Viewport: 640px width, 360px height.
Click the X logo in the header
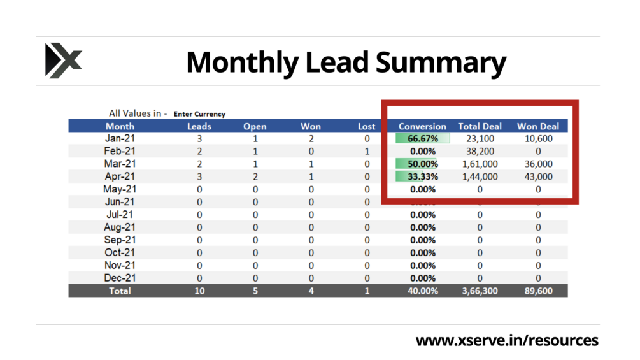click(x=63, y=61)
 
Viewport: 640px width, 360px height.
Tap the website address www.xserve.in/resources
click(x=507, y=340)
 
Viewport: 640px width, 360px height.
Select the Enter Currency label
click(x=199, y=114)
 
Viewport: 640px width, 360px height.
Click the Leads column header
click(x=199, y=126)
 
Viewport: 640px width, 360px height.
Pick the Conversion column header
click(x=422, y=126)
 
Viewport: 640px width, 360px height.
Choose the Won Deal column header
click(x=538, y=126)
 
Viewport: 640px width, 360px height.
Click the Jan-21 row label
click(x=120, y=138)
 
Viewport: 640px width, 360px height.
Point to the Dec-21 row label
click(x=120, y=278)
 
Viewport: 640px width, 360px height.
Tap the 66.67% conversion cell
click(x=423, y=138)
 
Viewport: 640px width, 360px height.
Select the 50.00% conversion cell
click(x=423, y=164)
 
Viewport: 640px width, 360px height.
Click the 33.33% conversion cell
click(x=423, y=176)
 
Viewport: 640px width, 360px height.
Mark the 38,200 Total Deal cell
click(x=480, y=151)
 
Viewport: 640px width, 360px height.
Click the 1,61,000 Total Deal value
click(x=480, y=164)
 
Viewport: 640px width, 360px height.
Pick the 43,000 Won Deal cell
click(x=538, y=176)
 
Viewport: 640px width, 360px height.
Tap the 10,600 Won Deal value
click(x=538, y=138)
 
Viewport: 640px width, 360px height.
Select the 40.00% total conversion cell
click(x=423, y=291)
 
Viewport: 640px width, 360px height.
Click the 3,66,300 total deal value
click(x=480, y=291)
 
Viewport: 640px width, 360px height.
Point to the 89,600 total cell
click(x=538, y=291)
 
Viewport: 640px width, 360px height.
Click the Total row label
click(x=120, y=291)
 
